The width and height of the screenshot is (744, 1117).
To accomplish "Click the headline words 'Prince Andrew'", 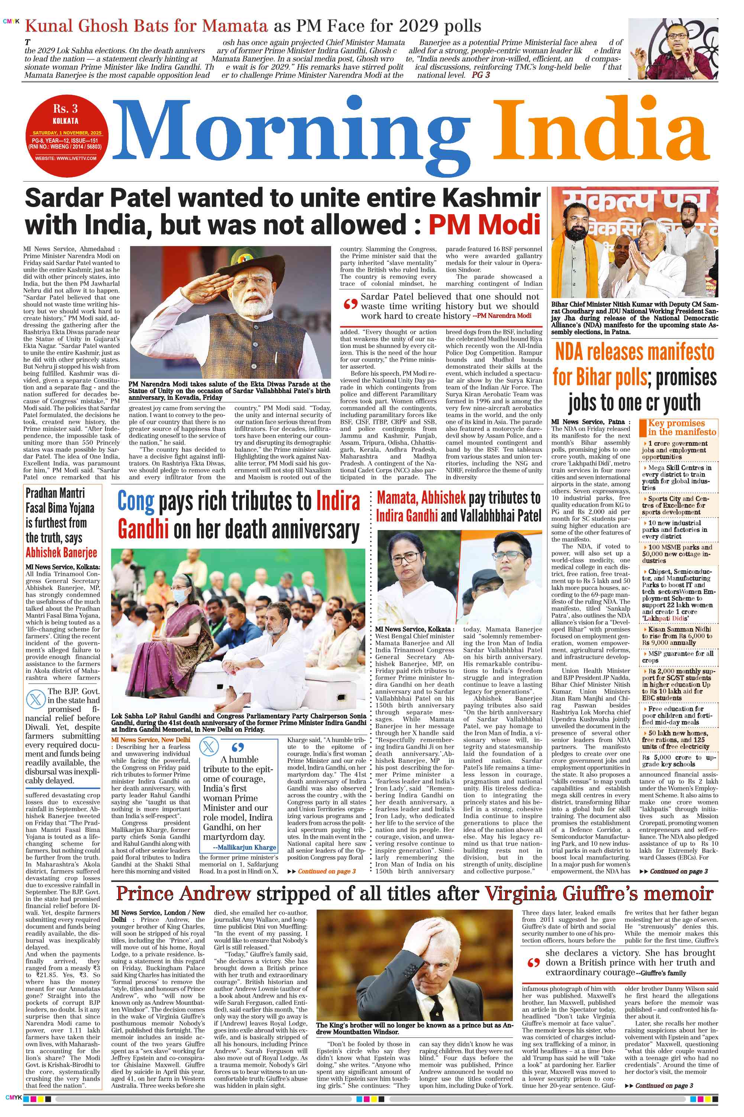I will (x=183, y=894).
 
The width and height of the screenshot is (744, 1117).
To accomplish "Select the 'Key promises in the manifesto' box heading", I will (x=681, y=427).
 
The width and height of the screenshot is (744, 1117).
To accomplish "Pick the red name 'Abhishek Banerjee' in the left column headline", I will (x=61, y=553).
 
